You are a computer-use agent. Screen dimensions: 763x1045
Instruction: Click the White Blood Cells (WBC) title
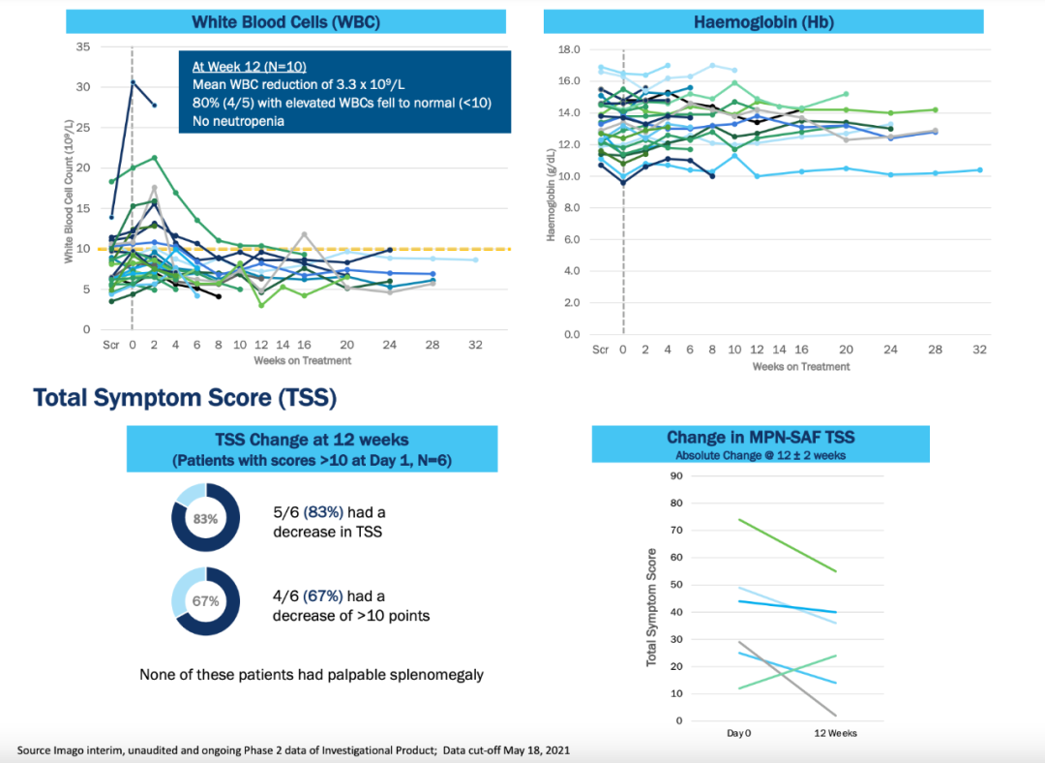[x=285, y=21]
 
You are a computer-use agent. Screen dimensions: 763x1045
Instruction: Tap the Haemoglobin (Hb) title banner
[x=763, y=21]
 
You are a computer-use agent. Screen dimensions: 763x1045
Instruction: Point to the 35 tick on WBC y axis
[x=84, y=46]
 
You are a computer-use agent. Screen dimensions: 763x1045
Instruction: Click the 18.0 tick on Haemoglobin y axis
[x=569, y=49]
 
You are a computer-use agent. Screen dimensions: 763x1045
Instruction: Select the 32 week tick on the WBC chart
[x=475, y=345]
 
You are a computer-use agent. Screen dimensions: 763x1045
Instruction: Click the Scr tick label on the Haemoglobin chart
[x=600, y=350]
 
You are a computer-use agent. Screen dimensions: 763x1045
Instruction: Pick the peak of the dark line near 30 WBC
[x=133, y=81]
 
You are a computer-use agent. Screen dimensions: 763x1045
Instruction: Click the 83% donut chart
[x=205, y=518]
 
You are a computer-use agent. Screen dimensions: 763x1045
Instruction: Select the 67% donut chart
[x=205, y=601]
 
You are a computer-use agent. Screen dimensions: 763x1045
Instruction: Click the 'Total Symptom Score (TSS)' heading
[x=185, y=397]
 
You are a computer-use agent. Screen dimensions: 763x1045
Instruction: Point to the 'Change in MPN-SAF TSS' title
[x=761, y=438]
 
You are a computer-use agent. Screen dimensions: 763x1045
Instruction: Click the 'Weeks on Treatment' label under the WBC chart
[x=302, y=360]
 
